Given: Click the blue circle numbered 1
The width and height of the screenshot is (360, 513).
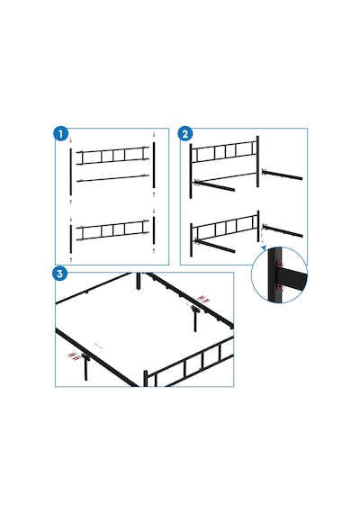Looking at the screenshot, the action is (60, 134).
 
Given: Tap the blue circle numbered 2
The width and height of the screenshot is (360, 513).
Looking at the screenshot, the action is (185, 134).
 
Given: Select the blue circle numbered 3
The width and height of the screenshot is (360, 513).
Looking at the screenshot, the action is (60, 274).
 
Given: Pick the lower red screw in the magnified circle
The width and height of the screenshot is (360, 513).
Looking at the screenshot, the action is (280, 288).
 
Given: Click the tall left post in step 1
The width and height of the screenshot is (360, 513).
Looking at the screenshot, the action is (71, 173).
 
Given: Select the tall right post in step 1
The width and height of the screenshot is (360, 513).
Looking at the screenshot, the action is (154, 166).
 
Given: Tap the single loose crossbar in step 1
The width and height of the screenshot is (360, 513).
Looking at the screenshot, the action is (112, 178).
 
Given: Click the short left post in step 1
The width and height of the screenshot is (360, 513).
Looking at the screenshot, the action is (71, 238).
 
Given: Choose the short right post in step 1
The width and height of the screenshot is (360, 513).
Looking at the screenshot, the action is (154, 230).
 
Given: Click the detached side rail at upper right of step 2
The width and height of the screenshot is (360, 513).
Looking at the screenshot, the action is (283, 175).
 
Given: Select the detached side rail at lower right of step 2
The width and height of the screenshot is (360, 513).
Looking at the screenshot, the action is (283, 230).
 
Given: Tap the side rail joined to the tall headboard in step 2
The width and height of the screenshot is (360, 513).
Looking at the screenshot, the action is (214, 185).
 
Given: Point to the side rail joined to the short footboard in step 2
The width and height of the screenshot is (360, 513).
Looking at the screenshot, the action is (215, 246).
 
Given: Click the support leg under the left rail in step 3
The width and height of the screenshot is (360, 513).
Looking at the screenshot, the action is (86, 368).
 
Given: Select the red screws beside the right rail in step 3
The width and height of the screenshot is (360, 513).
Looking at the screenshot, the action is (203, 299).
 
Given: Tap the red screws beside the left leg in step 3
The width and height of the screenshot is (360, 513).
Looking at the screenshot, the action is (75, 356).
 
